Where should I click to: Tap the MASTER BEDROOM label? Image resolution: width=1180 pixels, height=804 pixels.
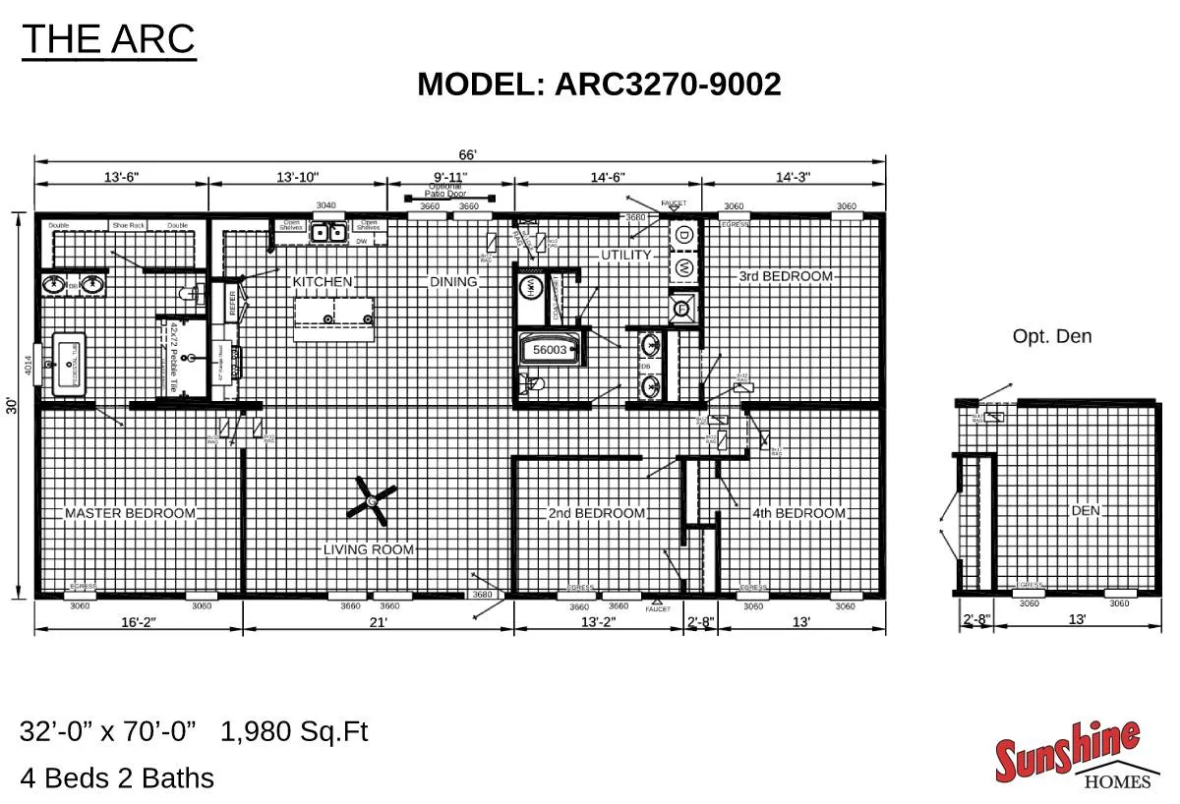tap(130, 513)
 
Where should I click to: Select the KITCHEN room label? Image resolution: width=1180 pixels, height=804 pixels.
tap(322, 282)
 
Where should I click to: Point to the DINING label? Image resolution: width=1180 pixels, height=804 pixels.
tap(453, 282)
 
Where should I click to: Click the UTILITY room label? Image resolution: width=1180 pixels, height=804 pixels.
tap(626, 255)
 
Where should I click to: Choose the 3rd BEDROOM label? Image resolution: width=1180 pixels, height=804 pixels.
tap(786, 276)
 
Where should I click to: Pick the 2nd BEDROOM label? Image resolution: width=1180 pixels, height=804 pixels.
tap(596, 513)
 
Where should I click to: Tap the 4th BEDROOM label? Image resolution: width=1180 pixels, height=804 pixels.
tap(798, 513)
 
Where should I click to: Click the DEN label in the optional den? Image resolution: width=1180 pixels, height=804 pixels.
tap(1086, 511)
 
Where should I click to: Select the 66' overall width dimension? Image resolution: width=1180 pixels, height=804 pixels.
tap(467, 155)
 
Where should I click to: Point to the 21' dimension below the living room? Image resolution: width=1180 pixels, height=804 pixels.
tap(378, 621)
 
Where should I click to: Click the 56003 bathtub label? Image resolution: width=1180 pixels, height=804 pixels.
tap(550, 350)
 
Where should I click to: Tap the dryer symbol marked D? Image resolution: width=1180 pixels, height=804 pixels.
tap(684, 235)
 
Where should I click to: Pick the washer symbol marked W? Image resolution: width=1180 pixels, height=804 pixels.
tap(684, 266)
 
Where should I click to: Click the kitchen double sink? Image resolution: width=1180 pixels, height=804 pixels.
tap(327, 232)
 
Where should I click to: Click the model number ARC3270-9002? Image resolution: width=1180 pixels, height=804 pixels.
tap(668, 85)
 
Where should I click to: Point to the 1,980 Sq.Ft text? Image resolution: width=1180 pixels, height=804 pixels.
tap(294, 732)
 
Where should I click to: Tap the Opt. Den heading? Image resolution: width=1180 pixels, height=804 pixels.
tap(1052, 336)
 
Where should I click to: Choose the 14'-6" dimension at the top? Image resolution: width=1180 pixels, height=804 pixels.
tap(608, 177)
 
